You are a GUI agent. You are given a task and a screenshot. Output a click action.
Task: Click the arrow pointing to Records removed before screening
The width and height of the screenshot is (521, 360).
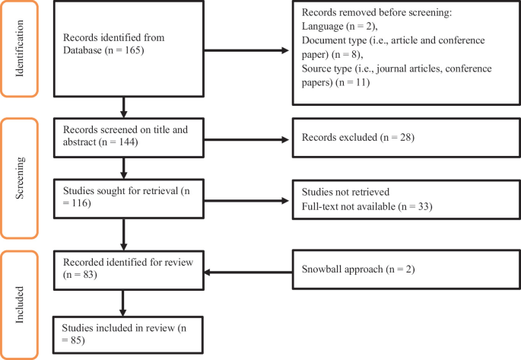(247, 51)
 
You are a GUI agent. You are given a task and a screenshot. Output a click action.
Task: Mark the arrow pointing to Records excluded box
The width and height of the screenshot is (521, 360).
(247, 139)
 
